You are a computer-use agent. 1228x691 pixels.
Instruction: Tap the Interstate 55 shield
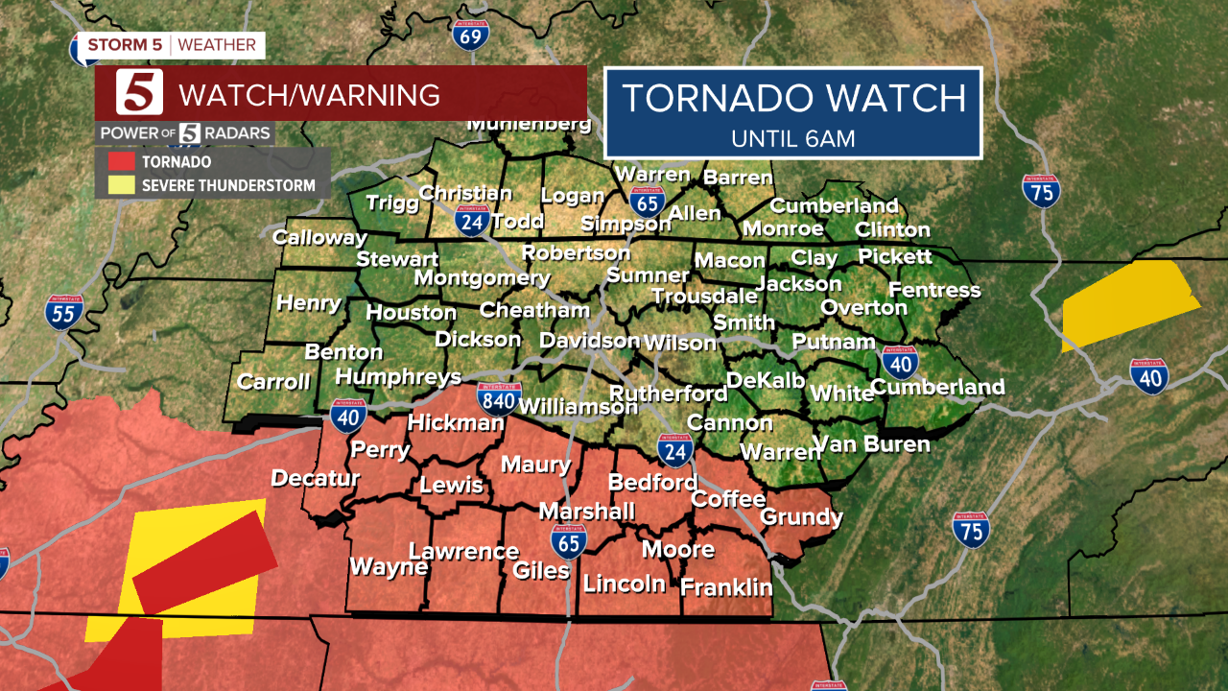pos(63,313)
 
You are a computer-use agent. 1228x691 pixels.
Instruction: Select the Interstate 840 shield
pos(499,398)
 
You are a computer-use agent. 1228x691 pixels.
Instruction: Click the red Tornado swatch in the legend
pos(119,162)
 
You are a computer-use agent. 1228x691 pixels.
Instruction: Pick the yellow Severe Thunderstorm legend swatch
pos(119,185)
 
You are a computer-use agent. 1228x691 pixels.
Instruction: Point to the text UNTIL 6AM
pos(792,138)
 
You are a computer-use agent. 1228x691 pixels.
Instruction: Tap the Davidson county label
pos(589,341)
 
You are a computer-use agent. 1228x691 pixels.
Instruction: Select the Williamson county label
pos(578,407)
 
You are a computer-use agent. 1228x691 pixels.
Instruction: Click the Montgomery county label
pos(482,278)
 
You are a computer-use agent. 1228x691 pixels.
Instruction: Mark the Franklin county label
pos(726,587)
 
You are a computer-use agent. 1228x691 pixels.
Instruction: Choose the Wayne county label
pos(388,567)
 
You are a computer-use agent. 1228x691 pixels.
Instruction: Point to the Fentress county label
pos(934,290)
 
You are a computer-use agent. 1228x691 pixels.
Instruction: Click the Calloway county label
pos(319,237)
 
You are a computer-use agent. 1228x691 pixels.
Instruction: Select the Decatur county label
pos(315,478)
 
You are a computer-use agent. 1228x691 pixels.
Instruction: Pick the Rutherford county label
pos(668,393)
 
